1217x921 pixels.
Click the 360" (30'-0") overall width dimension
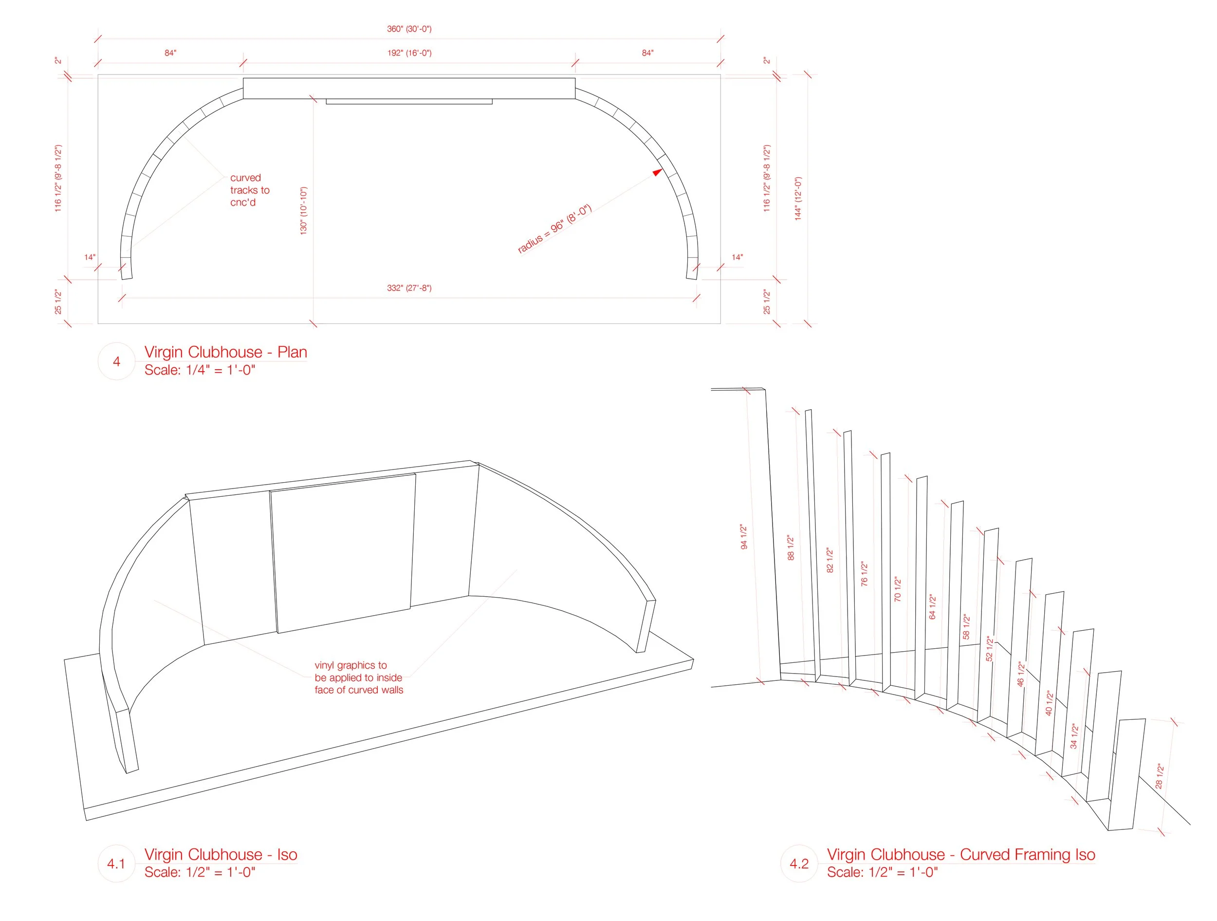point(409,29)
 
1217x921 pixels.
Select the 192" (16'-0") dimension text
point(409,53)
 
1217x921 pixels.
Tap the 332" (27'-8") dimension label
point(409,288)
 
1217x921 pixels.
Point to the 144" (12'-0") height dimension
point(798,199)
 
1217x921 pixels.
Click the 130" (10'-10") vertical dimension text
point(304,211)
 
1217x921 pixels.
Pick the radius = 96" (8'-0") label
point(554,228)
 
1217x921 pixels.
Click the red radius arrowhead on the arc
point(657,172)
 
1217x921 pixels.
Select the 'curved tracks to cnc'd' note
point(249,190)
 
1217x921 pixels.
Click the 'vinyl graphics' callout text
point(358,677)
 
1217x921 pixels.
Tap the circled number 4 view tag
point(116,361)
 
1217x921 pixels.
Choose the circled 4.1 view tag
point(116,863)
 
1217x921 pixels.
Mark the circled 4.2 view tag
point(799,863)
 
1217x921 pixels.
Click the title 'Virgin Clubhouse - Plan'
point(225,352)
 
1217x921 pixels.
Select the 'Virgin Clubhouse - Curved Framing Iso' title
point(960,854)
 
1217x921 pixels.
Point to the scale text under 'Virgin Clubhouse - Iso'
point(200,872)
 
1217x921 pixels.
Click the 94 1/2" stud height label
point(744,537)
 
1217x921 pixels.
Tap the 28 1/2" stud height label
point(1159,776)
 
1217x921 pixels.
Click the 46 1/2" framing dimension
point(1021,674)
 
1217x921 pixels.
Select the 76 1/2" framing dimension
point(864,574)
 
